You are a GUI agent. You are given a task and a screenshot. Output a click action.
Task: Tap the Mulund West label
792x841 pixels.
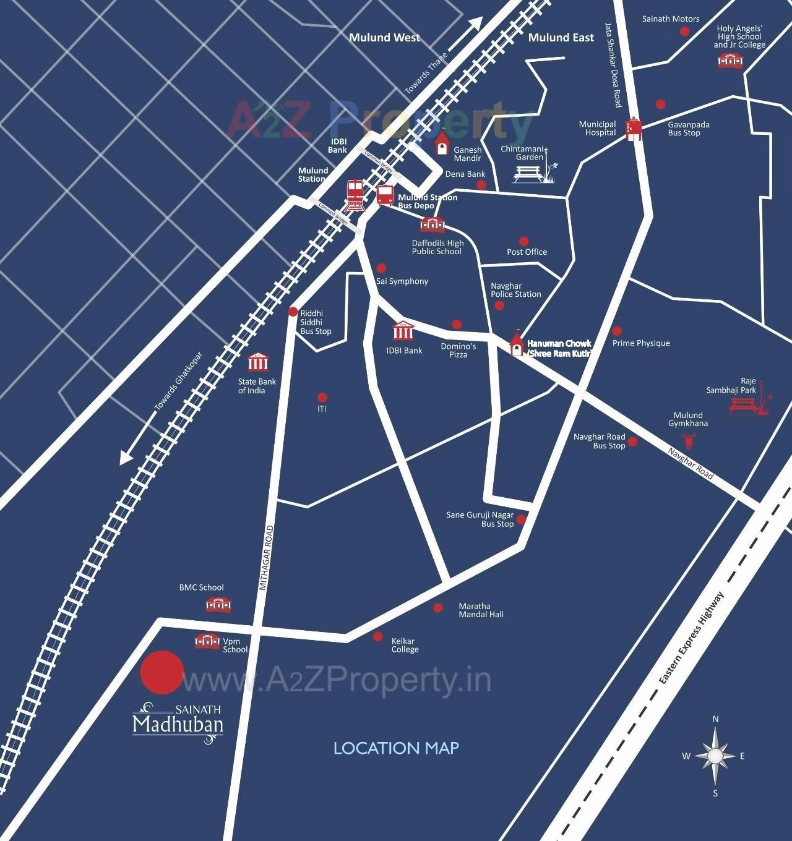[384, 38]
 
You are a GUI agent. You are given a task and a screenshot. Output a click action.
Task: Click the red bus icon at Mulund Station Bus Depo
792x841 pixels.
[385, 195]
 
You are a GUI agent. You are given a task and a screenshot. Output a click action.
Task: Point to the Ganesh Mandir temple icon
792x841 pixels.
[442, 143]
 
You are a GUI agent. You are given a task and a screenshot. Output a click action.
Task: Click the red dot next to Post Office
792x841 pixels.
[524, 241]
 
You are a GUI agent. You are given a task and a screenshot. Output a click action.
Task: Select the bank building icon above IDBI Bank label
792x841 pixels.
[403, 332]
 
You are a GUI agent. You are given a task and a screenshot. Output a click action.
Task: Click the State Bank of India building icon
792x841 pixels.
[258, 362]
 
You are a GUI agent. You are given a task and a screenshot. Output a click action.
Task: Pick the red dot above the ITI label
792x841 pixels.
[322, 398]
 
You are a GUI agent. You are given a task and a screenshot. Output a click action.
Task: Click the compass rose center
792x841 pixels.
[715, 756]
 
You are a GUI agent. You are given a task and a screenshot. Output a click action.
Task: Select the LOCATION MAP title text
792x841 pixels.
[396, 748]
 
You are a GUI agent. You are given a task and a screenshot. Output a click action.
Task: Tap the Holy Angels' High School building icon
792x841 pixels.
[730, 61]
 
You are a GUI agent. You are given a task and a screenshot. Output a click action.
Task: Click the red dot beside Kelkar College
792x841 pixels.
[377, 636]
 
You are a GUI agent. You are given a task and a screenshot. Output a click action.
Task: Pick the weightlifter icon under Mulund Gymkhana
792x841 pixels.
[688, 441]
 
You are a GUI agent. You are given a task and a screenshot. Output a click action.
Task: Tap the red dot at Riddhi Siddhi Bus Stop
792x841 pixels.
[293, 312]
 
